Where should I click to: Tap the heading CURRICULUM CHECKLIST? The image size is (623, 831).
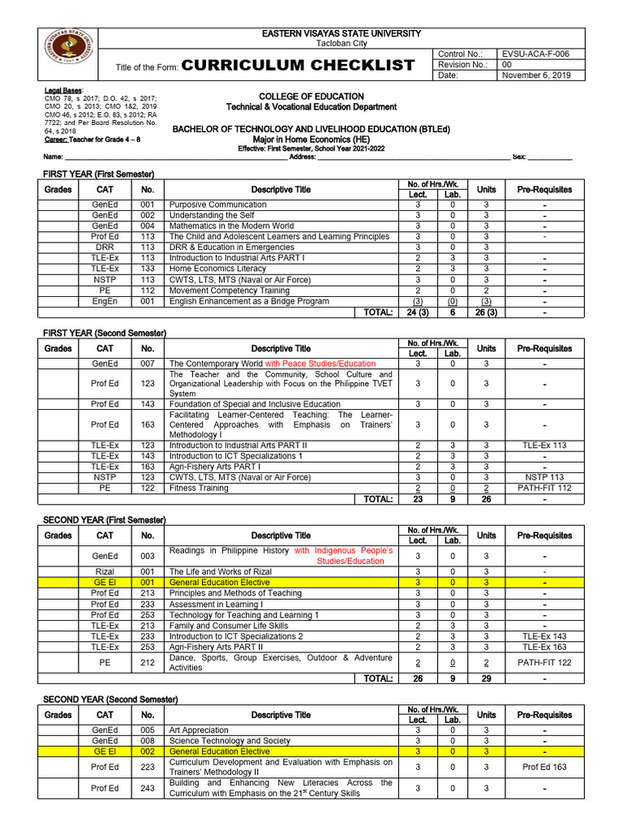coord(299,66)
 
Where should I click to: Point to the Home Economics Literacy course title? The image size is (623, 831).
coord(217,269)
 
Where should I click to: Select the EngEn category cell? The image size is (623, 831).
coord(105,300)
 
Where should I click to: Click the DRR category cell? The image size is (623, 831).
coord(105,247)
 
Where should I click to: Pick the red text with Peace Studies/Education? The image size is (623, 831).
coord(320,364)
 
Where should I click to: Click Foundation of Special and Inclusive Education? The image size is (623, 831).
coord(255,404)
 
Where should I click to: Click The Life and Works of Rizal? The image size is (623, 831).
coord(220,571)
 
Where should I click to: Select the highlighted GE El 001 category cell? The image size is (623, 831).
coord(105,583)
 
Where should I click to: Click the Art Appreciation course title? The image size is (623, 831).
coord(199,730)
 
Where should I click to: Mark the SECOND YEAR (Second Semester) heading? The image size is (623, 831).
coord(110,700)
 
